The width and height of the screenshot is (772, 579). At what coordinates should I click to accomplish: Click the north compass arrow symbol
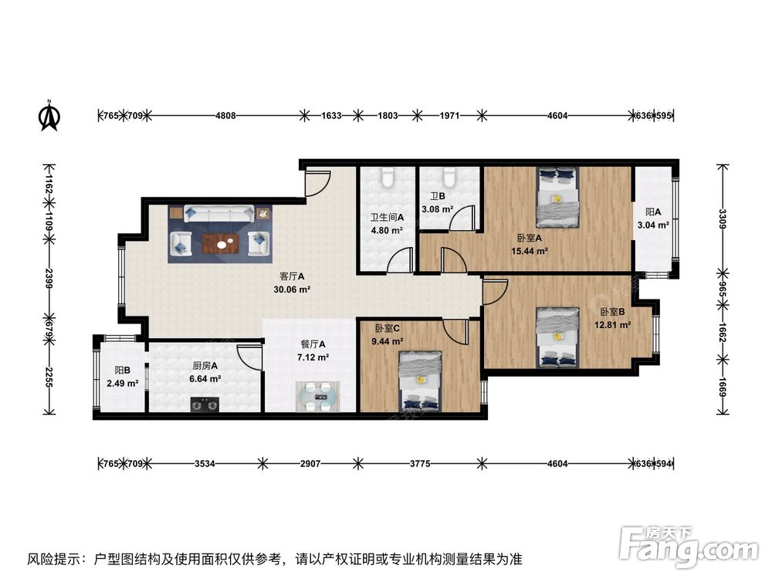[49, 115]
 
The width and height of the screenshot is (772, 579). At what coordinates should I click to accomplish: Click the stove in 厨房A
[205, 403]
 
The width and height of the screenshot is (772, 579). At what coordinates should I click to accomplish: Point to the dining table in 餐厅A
[316, 395]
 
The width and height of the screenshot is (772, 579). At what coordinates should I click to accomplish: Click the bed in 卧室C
[420, 380]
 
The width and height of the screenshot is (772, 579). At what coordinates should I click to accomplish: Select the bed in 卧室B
[557, 337]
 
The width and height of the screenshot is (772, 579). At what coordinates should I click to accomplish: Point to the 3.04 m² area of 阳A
[652, 225]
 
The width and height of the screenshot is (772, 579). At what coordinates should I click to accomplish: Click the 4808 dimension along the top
[225, 116]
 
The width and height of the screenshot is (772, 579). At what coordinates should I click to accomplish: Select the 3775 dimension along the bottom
[419, 464]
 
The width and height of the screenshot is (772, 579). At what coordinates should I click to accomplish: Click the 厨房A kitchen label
[205, 367]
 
